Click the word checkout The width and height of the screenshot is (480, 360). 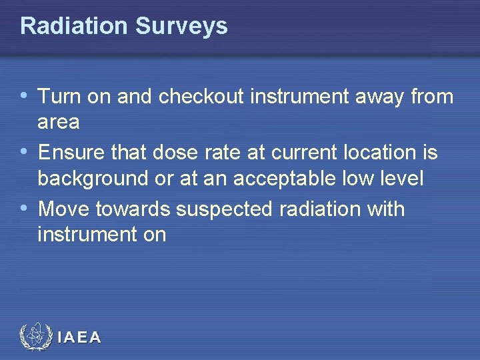[204, 97]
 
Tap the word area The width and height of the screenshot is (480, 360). [59, 123]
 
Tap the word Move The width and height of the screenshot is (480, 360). [65, 209]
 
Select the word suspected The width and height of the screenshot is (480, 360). [223, 209]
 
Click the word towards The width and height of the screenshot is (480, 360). [133, 209]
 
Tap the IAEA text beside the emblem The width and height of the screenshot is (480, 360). [79, 338]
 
